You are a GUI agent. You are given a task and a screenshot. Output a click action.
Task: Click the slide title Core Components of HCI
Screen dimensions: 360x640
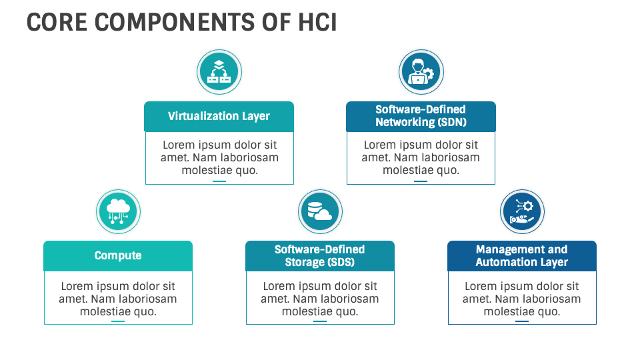pos(181,22)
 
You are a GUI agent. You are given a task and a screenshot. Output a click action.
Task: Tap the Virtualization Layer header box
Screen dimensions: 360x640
pos(219,116)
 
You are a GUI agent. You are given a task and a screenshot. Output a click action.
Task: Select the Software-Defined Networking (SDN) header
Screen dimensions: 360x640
pos(421,116)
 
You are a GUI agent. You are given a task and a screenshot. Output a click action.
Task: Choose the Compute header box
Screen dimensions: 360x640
pos(118,256)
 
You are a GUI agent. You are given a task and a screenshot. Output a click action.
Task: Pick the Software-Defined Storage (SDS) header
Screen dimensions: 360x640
pos(320,256)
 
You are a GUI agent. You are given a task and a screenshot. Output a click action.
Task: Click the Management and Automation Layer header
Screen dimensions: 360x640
pos(521,256)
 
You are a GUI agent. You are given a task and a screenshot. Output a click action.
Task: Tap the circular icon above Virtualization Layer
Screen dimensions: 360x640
pos(219,72)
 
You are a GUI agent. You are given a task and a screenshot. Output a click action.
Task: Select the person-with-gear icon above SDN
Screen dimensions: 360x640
pos(421,72)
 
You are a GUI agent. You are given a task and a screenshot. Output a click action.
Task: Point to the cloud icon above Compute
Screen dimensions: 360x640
pos(118,211)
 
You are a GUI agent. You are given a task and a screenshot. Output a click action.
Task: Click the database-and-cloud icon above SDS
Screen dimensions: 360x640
pos(320,211)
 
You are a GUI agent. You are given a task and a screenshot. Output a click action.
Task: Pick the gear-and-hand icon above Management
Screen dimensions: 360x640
pos(522,211)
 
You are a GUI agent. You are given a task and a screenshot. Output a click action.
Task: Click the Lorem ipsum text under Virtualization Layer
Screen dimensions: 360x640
pos(219,157)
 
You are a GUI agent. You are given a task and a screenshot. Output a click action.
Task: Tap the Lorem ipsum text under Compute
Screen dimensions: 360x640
pos(118,298)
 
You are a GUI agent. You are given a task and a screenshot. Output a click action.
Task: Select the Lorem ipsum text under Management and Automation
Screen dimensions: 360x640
pos(521,298)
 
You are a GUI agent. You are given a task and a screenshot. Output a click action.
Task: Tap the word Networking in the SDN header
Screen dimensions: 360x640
pos(405,122)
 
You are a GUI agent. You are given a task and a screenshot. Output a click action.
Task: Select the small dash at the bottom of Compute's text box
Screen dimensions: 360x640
pos(118,321)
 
